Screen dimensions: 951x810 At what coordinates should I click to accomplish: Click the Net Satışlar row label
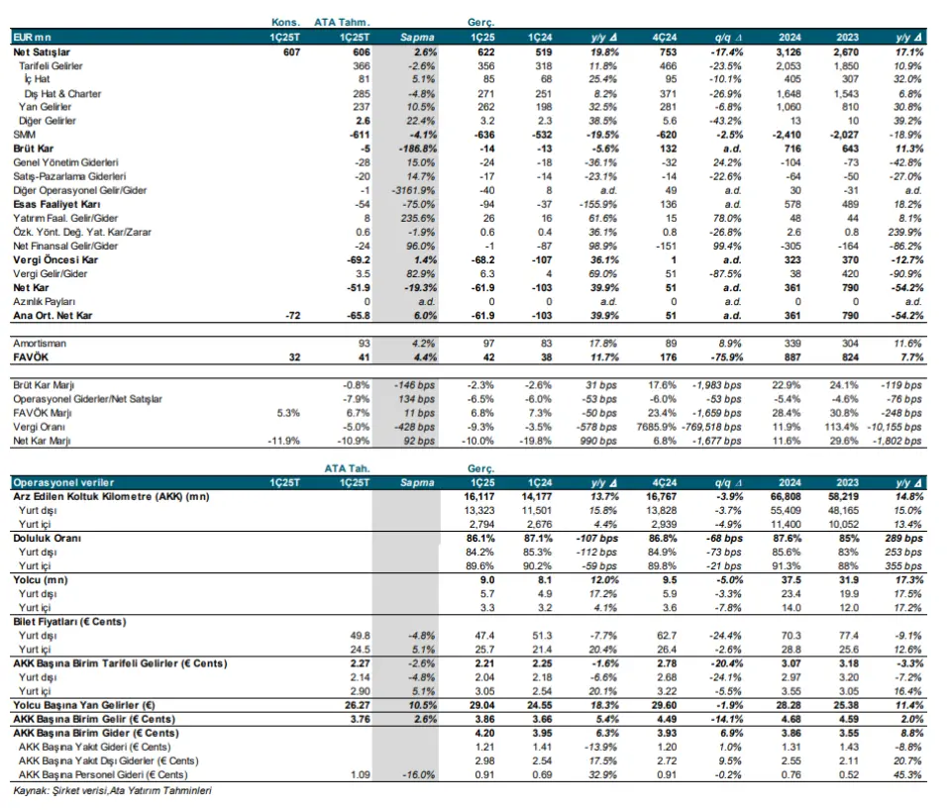point(42,52)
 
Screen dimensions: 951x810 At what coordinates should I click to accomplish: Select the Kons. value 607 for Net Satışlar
point(291,52)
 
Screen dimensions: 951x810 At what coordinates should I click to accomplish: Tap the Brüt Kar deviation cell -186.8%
point(417,149)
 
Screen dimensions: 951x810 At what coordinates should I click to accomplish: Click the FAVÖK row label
point(31,357)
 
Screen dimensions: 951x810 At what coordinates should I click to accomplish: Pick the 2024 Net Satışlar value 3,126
point(789,52)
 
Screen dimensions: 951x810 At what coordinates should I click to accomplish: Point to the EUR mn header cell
point(32,37)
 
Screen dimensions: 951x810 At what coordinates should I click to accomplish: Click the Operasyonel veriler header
point(63,482)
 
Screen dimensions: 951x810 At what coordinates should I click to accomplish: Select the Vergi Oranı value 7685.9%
point(656,427)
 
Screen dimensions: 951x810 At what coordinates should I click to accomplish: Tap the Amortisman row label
point(40,344)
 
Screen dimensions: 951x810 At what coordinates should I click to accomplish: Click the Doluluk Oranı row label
point(47,539)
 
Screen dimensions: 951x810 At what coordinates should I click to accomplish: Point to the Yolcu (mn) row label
point(41,580)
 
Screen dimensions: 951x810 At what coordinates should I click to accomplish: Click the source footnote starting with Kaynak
point(112,790)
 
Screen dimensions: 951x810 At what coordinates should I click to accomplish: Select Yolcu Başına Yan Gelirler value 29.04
point(481,705)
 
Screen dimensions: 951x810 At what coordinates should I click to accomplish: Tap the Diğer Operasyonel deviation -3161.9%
point(414,190)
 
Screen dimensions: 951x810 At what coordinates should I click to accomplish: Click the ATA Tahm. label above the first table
point(342,23)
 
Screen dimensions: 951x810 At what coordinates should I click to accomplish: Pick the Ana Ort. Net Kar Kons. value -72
point(292,315)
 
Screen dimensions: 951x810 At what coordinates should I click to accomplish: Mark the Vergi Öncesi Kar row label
point(55,260)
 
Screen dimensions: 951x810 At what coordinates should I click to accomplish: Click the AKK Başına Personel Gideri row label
point(102,774)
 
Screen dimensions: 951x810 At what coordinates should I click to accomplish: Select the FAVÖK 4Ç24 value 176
point(668,357)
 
